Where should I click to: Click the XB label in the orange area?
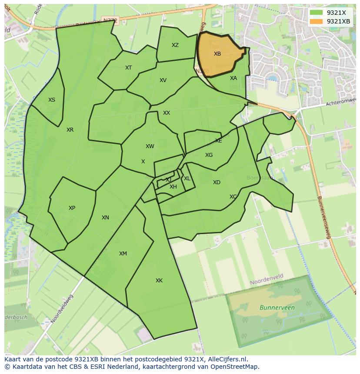pos(217,54)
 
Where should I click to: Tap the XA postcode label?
pos(233,78)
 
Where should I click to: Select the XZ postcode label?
pos(175,45)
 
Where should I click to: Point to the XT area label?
pos(128,68)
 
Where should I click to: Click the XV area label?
pos(163,80)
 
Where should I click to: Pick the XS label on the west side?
pos(52,100)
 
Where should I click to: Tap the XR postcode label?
pos(70,130)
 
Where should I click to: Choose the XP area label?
pos(72,208)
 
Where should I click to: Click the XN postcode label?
pos(105,218)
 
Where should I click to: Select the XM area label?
pos(123,254)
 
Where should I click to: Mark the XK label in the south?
pos(159,281)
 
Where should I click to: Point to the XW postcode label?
pos(150,146)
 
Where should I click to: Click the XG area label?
pos(209,155)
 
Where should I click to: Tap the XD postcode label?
pos(217,182)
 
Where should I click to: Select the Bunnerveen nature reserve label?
pos(277,308)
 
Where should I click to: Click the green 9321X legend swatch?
pos(316,13)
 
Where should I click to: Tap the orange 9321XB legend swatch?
pos(316,21)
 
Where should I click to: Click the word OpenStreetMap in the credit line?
pos(235,367)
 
